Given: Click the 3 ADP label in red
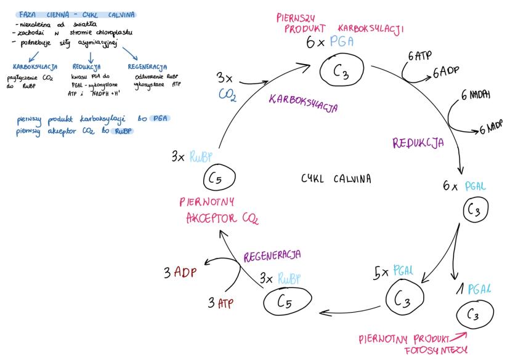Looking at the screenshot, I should pos(179,271).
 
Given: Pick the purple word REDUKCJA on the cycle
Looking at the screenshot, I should pos(418,143).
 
